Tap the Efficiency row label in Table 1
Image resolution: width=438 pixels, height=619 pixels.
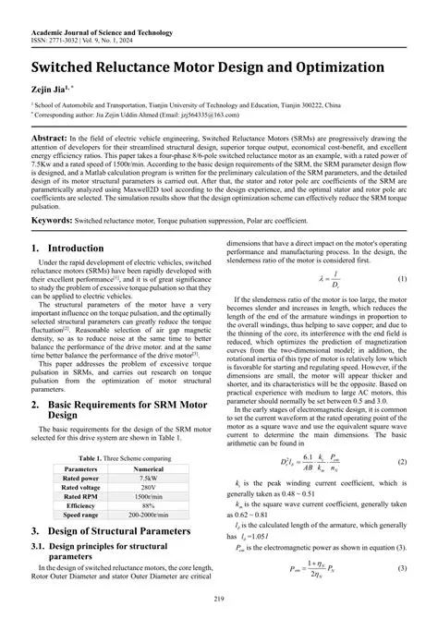(x=79, y=507)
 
